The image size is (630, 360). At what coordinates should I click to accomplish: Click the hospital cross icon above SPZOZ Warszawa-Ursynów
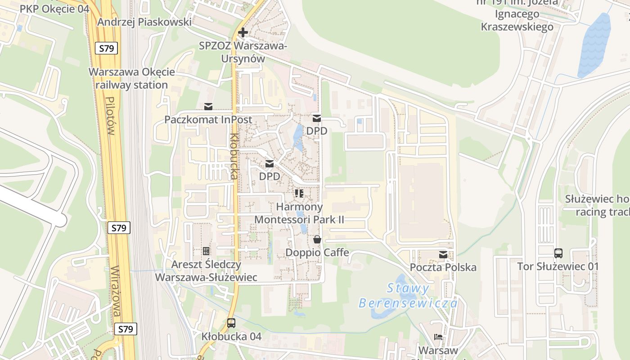click(x=243, y=32)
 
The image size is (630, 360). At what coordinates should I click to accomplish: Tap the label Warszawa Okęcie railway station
click(x=131, y=78)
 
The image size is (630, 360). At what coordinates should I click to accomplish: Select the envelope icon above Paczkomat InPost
click(x=208, y=107)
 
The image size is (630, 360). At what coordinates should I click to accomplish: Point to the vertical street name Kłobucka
click(x=234, y=156)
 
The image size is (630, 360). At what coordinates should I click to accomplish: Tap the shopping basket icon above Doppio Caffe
click(x=317, y=239)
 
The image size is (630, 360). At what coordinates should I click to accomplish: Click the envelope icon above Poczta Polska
click(x=443, y=255)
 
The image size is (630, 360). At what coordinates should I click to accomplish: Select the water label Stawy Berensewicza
click(x=408, y=295)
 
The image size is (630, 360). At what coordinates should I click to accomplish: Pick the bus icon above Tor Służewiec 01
click(x=558, y=253)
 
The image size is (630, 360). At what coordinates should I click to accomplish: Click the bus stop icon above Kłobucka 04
click(x=231, y=323)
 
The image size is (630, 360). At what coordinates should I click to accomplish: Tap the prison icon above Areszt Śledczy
click(x=206, y=251)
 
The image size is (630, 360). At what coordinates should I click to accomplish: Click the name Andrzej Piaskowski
click(x=144, y=22)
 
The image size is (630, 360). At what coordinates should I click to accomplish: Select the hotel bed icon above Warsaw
click(x=438, y=337)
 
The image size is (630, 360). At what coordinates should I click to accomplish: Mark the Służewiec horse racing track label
click(x=598, y=205)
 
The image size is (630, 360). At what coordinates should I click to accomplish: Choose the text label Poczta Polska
click(x=443, y=267)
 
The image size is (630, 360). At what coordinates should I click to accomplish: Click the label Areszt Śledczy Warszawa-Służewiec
click(x=206, y=271)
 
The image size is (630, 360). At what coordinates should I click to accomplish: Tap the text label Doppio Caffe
click(x=317, y=252)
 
